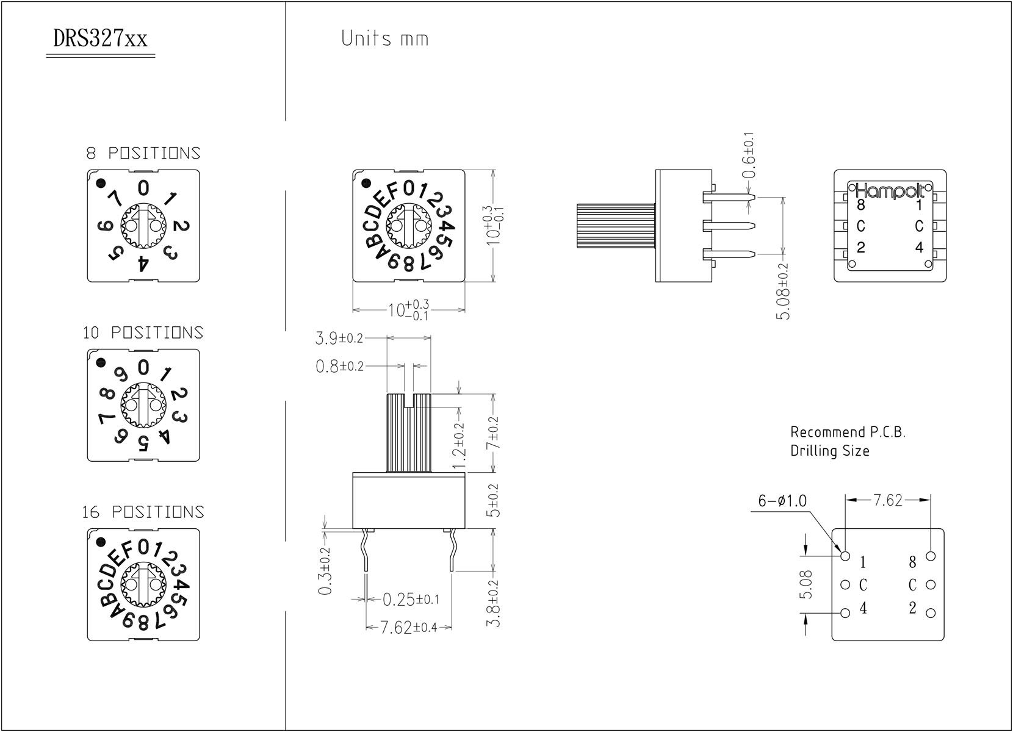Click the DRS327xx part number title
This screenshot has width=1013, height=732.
[x=100, y=40]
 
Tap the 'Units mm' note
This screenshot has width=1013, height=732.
[x=384, y=39]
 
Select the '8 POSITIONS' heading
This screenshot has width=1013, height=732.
[x=143, y=152]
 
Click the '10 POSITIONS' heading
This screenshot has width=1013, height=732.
[x=143, y=332]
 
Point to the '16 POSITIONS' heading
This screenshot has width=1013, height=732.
[x=143, y=512]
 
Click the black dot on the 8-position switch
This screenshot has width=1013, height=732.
[x=101, y=182]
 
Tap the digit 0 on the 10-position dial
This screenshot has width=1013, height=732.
[x=143, y=367]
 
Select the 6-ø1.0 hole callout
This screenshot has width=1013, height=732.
[x=782, y=501]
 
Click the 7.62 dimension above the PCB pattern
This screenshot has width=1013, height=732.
[x=888, y=500]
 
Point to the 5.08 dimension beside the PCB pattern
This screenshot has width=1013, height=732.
[x=807, y=584]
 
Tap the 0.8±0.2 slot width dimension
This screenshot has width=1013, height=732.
[x=339, y=366]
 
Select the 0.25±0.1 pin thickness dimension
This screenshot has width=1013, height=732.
[x=410, y=600]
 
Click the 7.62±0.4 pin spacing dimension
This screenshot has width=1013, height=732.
[x=409, y=628]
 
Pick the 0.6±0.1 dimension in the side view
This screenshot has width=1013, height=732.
[x=750, y=156]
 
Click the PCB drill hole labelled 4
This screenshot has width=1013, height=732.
[x=845, y=613]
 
